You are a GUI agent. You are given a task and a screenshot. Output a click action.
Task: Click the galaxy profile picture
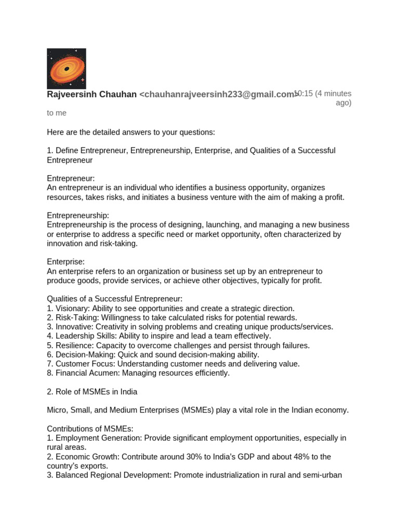coord(66,69)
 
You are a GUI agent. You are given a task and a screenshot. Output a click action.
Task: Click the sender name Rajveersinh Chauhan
coord(92,95)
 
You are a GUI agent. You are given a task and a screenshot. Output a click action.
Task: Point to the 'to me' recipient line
coord(57,113)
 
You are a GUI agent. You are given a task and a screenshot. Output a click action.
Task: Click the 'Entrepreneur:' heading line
coord(71,178)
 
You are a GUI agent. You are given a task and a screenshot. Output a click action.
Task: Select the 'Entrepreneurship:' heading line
coord(78,215)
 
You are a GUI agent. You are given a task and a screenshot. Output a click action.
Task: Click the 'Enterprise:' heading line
coord(66,262)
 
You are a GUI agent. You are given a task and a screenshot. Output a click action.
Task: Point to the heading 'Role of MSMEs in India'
coord(96,392)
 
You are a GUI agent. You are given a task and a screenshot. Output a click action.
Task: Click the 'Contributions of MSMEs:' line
coord(90,429)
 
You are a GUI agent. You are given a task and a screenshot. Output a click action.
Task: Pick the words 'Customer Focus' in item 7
coord(82,364)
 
